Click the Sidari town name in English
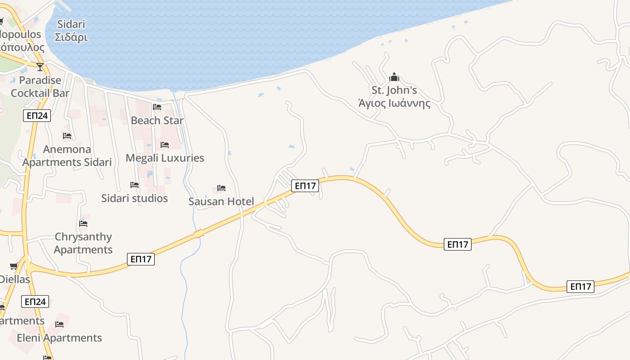[71, 24]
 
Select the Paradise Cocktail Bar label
[40, 87]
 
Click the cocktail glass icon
[40, 67]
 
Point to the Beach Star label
[157, 121]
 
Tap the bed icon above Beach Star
[157, 107]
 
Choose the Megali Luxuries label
[165, 158]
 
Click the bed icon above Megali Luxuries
[165, 145]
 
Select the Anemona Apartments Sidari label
[67, 156]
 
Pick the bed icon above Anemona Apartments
[67, 135]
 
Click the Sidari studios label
[135, 198]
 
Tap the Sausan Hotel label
[221, 202]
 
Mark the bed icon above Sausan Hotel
[221, 188]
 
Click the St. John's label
[394, 90]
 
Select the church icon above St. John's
[394, 77]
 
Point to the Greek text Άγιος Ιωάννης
[394, 103]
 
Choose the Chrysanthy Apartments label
[83, 243]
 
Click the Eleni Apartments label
[59, 338]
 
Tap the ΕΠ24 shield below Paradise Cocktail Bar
[37, 116]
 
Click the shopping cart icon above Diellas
[14, 266]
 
